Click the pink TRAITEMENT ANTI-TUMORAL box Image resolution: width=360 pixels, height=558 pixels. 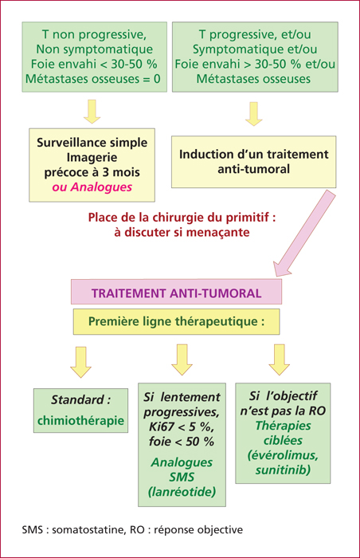[177, 292]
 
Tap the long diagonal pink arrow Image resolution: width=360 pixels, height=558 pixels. [304, 233]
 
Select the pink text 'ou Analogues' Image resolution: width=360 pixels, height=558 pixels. [92, 187]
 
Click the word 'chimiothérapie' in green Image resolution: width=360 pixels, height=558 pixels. [80, 420]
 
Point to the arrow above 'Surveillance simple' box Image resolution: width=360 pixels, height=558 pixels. [92, 112]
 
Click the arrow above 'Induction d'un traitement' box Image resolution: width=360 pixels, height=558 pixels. [253, 114]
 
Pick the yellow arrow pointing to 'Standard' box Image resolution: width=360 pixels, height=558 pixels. [80, 362]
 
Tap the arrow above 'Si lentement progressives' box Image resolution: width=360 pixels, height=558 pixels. [182, 360]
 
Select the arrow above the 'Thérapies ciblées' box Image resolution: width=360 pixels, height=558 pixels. [280, 360]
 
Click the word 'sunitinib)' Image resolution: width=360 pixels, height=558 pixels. [284, 470]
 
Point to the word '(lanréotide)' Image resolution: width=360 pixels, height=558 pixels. [182, 492]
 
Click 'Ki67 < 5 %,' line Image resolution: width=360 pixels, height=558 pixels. [182, 426]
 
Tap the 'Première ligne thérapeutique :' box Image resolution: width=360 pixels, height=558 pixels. [177, 322]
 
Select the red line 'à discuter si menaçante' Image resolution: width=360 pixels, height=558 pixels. [182, 233]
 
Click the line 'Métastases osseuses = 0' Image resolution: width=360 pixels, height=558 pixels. [93, 79]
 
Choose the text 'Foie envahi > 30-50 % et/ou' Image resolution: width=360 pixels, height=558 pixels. [255, 64]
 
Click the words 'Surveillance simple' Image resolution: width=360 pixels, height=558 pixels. [92, 143]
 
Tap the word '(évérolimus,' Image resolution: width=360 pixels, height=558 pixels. [284, 455]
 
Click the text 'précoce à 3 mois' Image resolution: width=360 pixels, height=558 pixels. [92, 173]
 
